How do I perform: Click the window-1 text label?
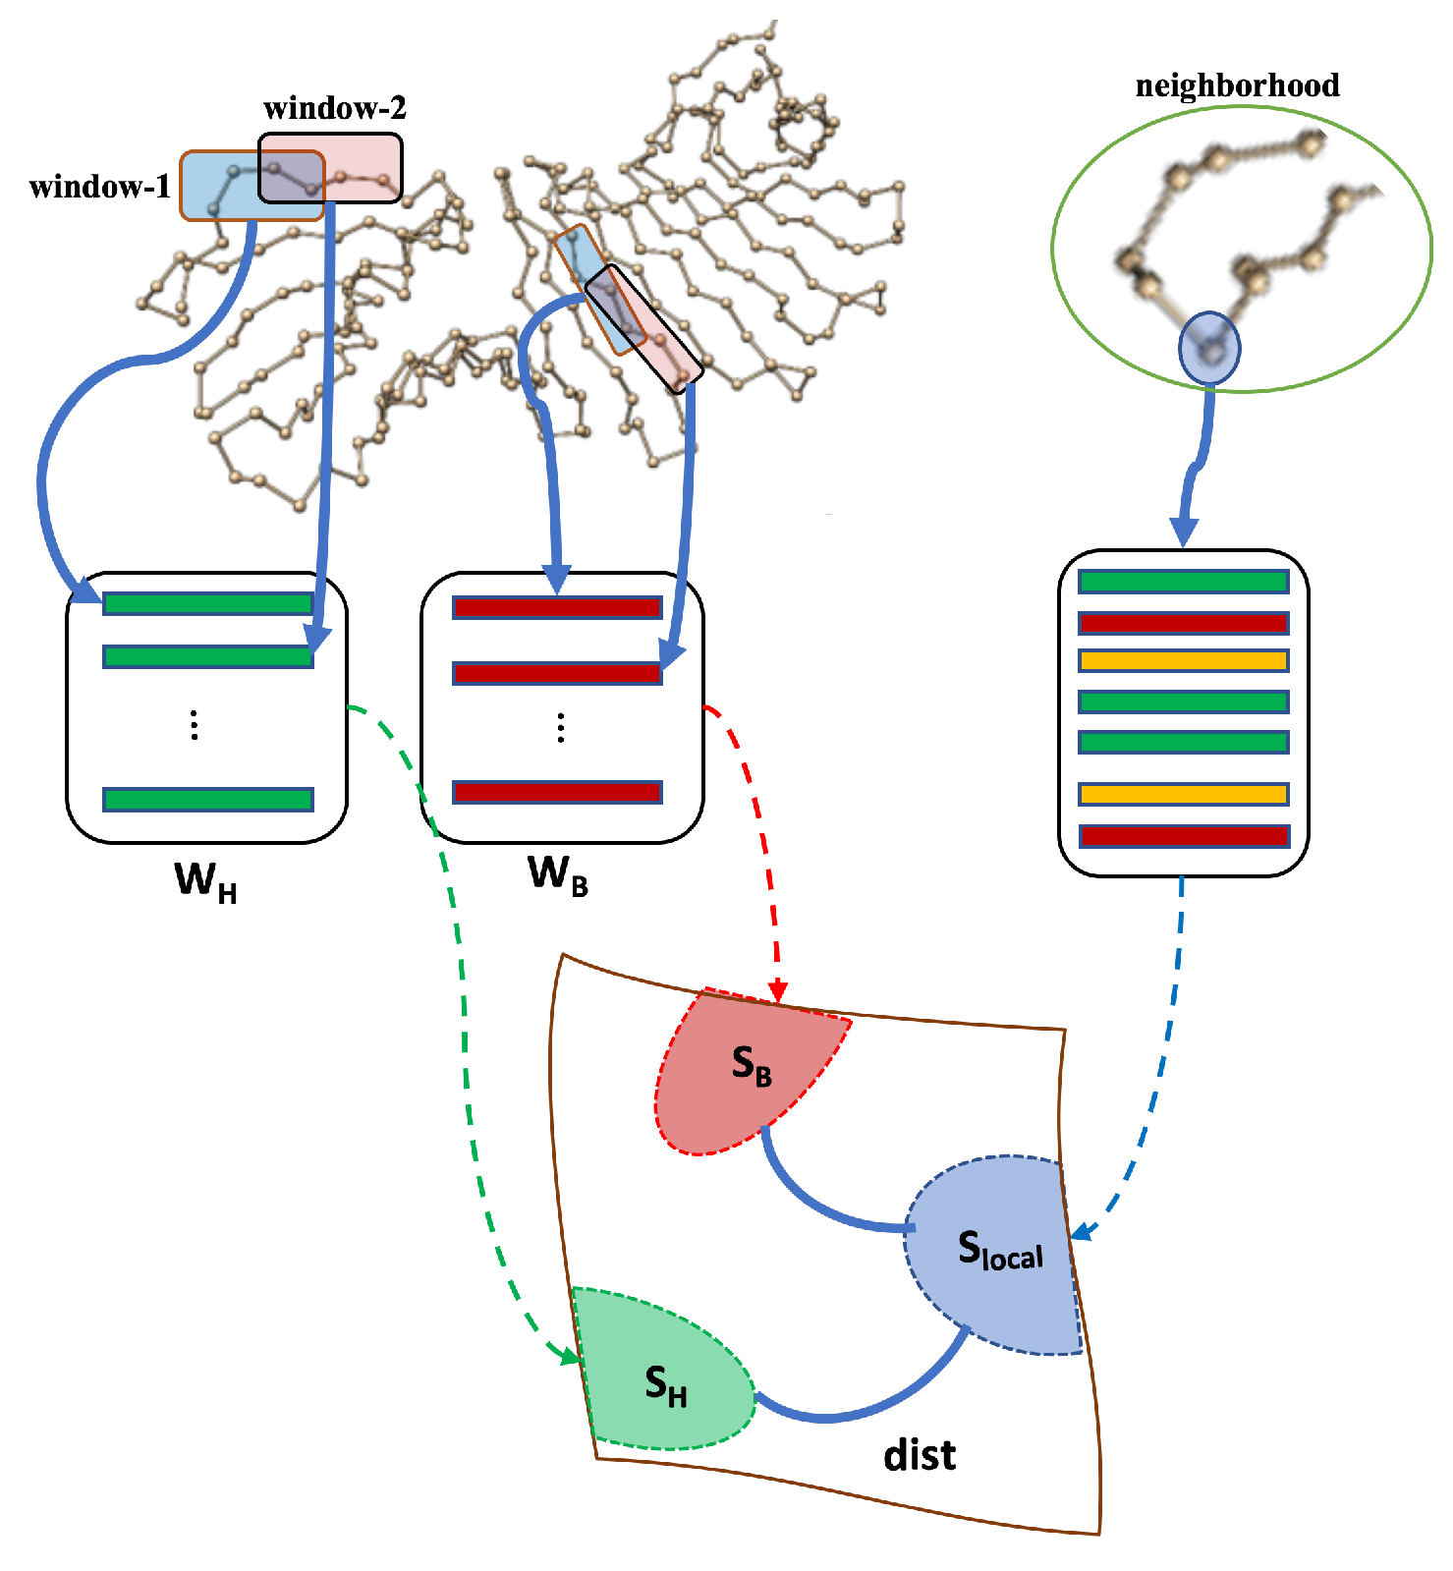[100, 187]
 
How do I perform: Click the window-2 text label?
[334, 108]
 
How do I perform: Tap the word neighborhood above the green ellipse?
[1237, 85]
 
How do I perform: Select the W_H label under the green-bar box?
[205, 880]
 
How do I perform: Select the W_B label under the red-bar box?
[558, 873]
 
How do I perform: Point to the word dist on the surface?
[920, 1455]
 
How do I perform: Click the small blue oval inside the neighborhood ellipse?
[1209, 348]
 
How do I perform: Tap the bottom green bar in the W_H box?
[208, 800]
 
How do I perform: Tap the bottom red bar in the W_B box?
[557, 792]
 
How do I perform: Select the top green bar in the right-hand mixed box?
[1183, 582]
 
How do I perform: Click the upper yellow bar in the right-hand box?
[1183, 661]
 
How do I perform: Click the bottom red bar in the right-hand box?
[1183, 836]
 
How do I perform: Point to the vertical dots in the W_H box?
[195, 725]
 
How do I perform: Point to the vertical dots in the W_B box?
[560, 728]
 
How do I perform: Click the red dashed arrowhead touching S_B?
[777, 992]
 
